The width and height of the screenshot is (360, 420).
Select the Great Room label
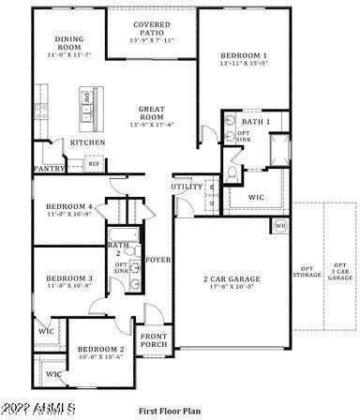[x=152, y=113]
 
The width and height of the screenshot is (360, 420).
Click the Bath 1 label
[x=255, y=122]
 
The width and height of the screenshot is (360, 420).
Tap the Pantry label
[x=48, y=169]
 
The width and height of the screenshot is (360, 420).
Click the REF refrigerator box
[x=94, y=164]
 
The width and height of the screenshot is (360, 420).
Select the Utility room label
[x=186, y=187]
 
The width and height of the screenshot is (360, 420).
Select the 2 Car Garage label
[x=232, y=280]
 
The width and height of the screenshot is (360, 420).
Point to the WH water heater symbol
[x=279, y=226]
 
